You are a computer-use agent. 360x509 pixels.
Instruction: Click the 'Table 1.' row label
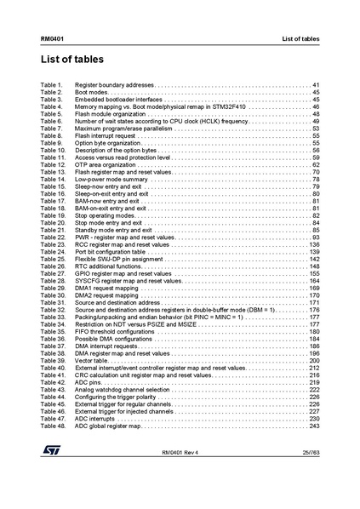(x=51, y=86)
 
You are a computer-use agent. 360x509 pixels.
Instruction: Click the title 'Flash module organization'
(x=109, y=114)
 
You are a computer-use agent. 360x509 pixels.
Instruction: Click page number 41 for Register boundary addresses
(x=316, y=86)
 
